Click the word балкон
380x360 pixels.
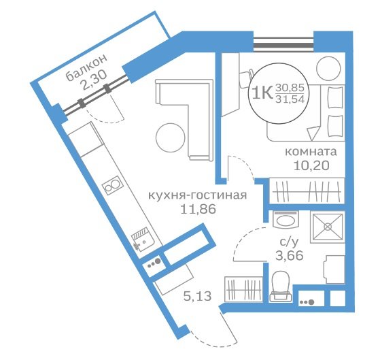pyautogui.click(x=87, y=67)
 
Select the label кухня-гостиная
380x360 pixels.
pyautogui.click(x=197, y=195)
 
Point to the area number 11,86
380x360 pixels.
pyautogui.click(x=198, y=209)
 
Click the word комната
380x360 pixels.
pyautogui.click(x=311, y=152)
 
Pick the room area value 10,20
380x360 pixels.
pyautogui.click(x=311, y=165)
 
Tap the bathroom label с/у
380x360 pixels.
pyautogui.click(x=289, y=242)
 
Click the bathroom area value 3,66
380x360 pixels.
pyautogui.click(x=290, y=255)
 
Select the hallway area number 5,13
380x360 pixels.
pyautogui.click(x=198, y=296)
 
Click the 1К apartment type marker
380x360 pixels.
pyautogui.click(x=262, y=93)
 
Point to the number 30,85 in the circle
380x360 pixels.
pyautogui.click(x=290, y=88)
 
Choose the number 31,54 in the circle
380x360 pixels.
pyautogui.click(x=290, y=99)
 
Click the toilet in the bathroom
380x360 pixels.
pyautogui.click(x=281, y=287)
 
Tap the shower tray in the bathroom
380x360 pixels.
pyautogui.click(x=328, y=227)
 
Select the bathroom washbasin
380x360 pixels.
pyautogui.click(x=286, y=220)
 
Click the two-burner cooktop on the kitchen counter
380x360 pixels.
pyautogui.click(x=111, y=186)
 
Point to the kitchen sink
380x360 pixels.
pyautogui.click(x=142, y=239)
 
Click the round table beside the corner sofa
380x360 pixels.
pyautogui.click(x=171, y=137)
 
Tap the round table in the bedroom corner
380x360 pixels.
pyautogui.click(x=328, y=69)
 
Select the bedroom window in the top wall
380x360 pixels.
pyautogui.click(x=283, y=45)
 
